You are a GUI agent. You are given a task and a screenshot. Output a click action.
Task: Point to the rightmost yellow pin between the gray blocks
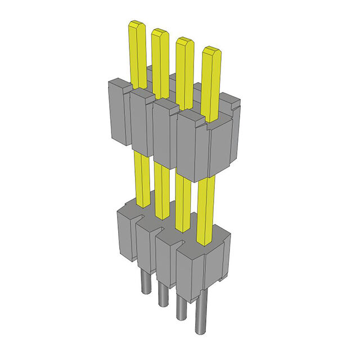(x=206, y=208)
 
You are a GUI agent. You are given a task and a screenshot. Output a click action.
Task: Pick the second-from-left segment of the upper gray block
(x=141, y=124)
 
